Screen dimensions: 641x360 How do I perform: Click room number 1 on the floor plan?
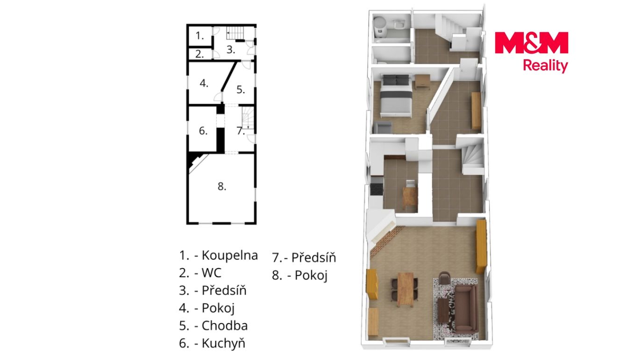[x=199, y=36]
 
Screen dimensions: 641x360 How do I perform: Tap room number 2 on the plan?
[x=199, y=54]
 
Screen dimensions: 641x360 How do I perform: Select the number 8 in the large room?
[x=222, y=186]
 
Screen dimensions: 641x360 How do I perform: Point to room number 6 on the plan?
[x=203, y=131]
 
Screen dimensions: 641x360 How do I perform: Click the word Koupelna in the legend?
[x=230, y=255]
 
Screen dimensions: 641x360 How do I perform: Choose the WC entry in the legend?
[x=212, y=273]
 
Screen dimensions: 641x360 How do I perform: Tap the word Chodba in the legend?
[x=225, y=325]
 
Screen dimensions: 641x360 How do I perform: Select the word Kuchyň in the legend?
[x=223, y=343]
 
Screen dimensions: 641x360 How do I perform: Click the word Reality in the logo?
[x=545, y=66]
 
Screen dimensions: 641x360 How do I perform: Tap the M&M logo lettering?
[x=531, y=42]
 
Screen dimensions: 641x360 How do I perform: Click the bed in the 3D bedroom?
[x=396, y=96]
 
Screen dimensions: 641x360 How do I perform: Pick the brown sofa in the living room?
[x=466, y=309]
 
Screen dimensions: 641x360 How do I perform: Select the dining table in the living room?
[x=406, y=289]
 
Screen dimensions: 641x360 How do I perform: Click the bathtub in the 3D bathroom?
[x=380, y=27]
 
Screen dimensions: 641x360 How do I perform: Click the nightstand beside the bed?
[x=423, y=82]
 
